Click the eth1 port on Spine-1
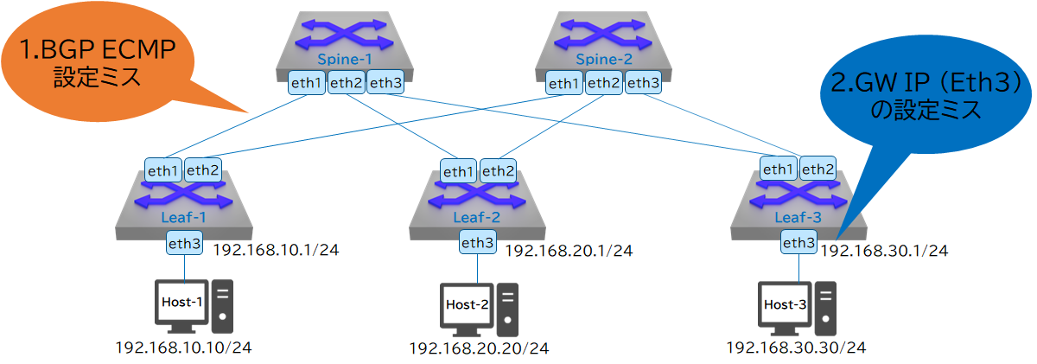(x=307, y=83)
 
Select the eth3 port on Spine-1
(x=385, y=83)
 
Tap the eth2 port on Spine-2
(x=603, y=83)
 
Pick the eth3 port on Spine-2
(x=643, y=83)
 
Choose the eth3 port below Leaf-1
(x=185, y=244)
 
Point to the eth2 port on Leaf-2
(x=498, y=171)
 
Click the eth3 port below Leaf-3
(x=798, y=243)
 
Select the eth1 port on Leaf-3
(x=779, y=169)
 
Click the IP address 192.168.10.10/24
(x=184, y=348)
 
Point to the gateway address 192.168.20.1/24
(x=569, y=252)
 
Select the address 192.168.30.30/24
(x=795, y=348)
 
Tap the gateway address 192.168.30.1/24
(x=884, y=252)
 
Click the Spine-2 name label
(x=600, y=60)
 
